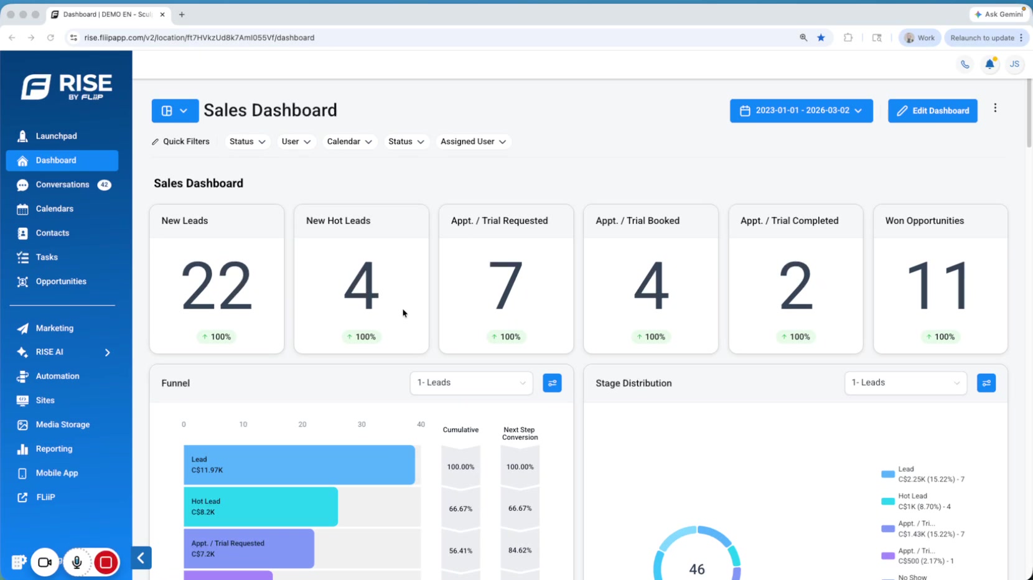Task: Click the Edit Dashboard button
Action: tap(932, 111)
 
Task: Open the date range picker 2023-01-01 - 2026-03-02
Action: tap(801, 111)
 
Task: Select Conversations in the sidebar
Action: tap(62, 184)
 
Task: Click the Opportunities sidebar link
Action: tap(61, 281)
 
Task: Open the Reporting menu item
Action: tap(54, 449)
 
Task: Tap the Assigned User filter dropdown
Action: tap(473, 141)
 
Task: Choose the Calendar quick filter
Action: tap(349, 141)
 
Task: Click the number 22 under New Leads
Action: tap(217, 286)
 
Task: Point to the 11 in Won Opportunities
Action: tap(938, 286)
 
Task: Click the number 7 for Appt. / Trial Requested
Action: tap(505, 286)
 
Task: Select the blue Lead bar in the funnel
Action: tap(299, 465)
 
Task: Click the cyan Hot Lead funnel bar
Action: tap(261, 507)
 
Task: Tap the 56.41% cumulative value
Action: tap(460, 551)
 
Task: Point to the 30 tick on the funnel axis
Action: tap(362, 424)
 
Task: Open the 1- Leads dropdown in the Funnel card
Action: tap(471, 383)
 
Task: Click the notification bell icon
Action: tap(989, 65)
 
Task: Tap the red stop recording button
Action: tap(106, 562)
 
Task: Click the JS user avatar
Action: tap(1014, 65)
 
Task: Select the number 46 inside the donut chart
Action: tap(697, 569)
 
